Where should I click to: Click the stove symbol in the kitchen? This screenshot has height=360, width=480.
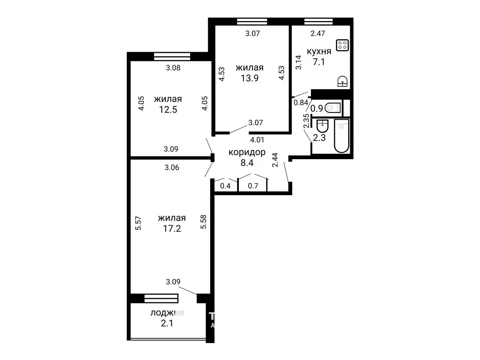click(x=342, y=45)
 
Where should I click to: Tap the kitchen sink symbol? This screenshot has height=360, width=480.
click(x=342, y=81)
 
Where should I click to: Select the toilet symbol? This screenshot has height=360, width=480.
click(x=333, y=108)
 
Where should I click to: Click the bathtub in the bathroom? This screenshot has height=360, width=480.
click(x=342, y=136)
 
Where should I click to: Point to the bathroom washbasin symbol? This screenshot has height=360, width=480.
click(x=322, y=126)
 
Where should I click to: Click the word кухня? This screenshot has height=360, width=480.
click(x=319, y=51)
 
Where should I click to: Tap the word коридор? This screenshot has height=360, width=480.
click(x=247, y=152)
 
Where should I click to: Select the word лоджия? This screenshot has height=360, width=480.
click(x=167, y=313)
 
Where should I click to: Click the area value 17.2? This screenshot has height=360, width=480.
click(x=172, y=229)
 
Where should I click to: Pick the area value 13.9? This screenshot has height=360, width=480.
click(x=249, y=78)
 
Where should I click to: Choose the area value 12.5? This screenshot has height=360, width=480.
click(x=168, y=109)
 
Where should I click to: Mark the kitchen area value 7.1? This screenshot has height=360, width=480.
click(x=319, y=62)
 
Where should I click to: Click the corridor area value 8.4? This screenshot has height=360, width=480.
click(x=247, y=163)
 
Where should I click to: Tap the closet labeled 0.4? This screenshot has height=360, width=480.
click(x=225, y=185)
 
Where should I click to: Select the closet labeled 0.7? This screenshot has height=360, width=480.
click(x=253, y=185)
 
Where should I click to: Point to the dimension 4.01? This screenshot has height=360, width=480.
click(x=257, y=140)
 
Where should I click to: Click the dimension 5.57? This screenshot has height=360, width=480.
click(x=138, y=223)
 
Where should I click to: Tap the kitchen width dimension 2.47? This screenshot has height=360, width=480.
click(x=318, y=33)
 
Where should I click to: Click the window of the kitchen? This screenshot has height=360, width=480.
click(x=319, y=22)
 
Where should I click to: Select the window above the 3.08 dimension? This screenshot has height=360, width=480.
click(x=172, y=57)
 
